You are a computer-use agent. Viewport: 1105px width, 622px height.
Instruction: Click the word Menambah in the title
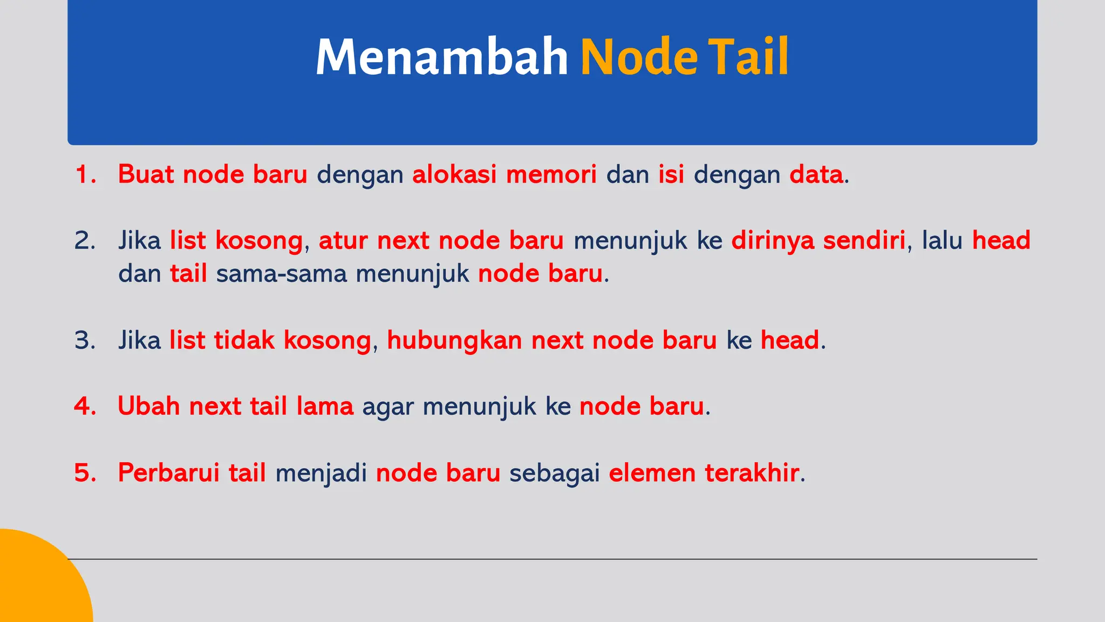click(x=441, y=57)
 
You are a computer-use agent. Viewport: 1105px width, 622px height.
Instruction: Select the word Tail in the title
click(x=748, y=57)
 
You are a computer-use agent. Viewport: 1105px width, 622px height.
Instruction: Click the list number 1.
click(x=85, y=174)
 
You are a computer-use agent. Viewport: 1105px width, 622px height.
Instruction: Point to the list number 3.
click(x=85, y=340)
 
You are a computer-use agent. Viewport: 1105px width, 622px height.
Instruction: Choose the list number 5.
click(x=85, y=473)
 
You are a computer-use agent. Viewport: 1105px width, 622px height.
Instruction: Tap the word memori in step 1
click(x=551, y=174)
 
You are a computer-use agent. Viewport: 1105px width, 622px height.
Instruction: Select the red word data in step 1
click(x=816, y=174)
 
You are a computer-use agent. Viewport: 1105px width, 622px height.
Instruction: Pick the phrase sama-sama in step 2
click(x=281, y=274)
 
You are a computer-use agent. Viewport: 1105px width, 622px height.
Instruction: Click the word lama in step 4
click(x=325, y=406)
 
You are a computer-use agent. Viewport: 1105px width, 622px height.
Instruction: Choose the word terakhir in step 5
click(x=752, y=473)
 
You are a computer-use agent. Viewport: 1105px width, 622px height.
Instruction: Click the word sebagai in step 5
click(x=555, y=473)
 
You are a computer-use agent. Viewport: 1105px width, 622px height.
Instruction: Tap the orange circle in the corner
click(x=38, y=583)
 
